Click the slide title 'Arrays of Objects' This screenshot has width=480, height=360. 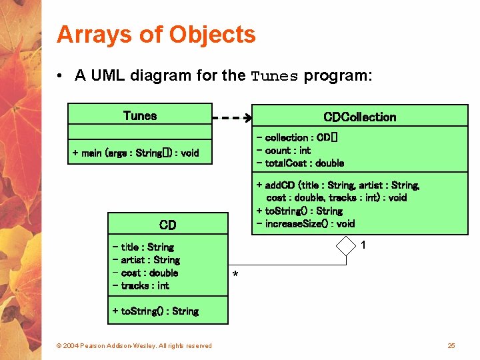click(x=156, y=34)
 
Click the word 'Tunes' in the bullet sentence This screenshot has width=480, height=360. click(x=274, y=77)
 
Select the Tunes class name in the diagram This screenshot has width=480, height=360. click(x=140, y=115)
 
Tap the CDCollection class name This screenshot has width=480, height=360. click(x=359, y=117)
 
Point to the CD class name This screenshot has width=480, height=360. click(x=167, y=225)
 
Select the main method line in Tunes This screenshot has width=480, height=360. click(x=135, y=153)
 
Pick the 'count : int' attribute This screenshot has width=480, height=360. click(x=283, y=150)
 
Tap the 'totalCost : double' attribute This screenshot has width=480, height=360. click(x=300, y=163)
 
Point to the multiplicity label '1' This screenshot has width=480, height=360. click(x=363, y=245)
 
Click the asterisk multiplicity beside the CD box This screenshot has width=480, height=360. click(x=235, y=275)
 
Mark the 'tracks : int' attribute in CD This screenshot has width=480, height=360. click(x=141, y=285)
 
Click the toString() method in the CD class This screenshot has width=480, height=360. click(x=155, y=311)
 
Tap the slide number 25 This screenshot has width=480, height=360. click(x=451, y=345)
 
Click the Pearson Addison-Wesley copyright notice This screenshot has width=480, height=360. click(x=134, y=345)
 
